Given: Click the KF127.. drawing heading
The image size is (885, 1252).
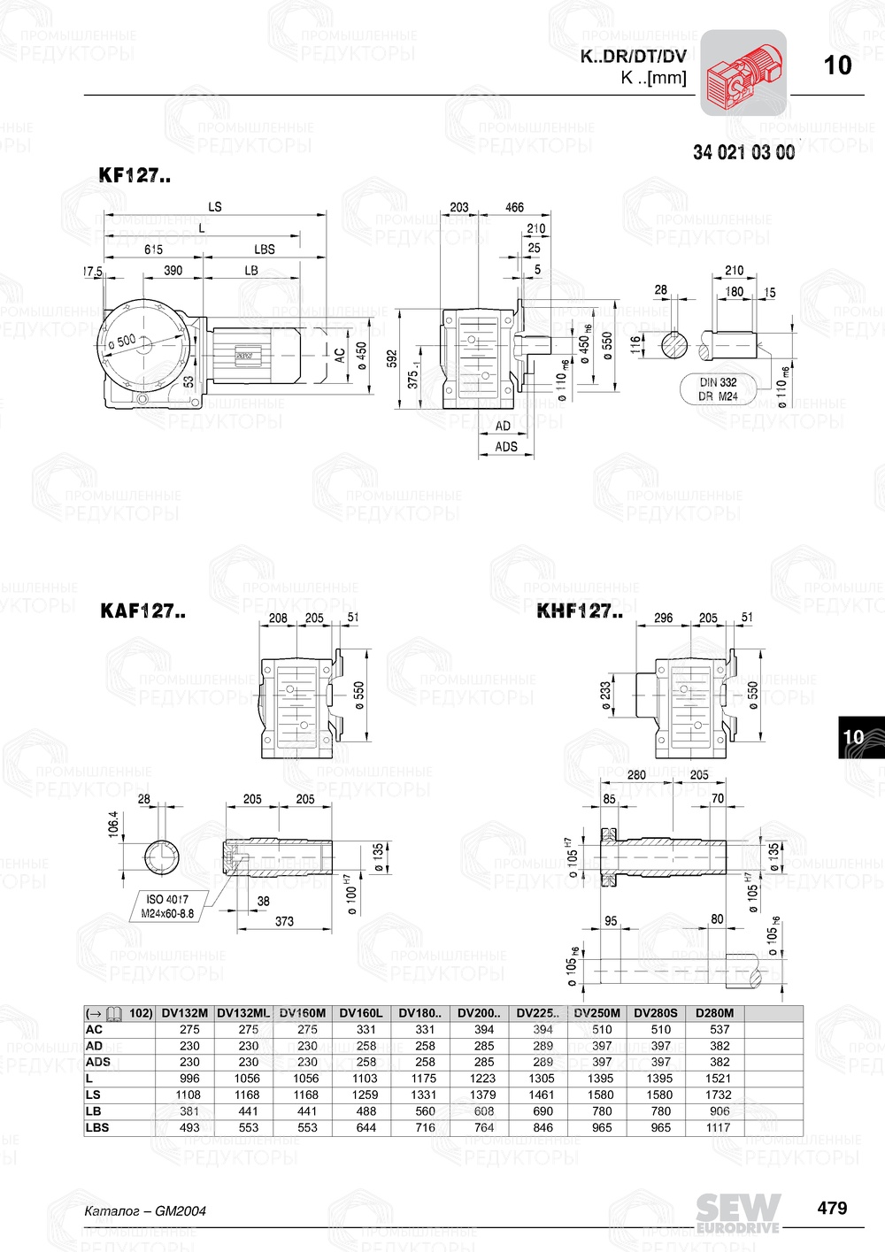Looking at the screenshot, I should click(135, 175).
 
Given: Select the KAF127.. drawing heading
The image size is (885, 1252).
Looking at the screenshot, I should click(142, 611).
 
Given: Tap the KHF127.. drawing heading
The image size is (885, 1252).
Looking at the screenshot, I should click(580, 611).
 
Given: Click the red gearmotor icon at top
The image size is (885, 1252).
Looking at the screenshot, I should click(743, 73).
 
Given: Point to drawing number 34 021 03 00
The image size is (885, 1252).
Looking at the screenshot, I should click(743, 152).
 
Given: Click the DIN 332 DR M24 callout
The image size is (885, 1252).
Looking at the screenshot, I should click(718, 389).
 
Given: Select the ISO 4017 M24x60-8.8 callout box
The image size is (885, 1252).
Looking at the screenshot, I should click(167, 906).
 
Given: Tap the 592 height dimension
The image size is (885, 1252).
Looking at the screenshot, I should click(392, 358).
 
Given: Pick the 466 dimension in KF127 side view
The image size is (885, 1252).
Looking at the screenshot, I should click(514, 207).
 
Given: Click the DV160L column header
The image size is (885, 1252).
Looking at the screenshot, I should click(361, 1013).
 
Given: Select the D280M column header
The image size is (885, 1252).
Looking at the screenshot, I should click(714, 1013).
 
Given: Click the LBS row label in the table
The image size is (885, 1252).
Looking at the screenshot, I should click(97, 1127).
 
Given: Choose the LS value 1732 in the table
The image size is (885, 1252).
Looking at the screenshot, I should click(719, 1095).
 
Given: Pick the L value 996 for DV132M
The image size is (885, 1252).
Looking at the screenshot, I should click(189, 1079).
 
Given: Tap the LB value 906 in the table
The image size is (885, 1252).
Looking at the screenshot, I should click(719, 1111).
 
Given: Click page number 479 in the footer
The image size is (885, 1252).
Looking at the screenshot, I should click(832, 1208).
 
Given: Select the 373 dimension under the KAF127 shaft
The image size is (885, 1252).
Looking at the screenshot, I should click(284, 921).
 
